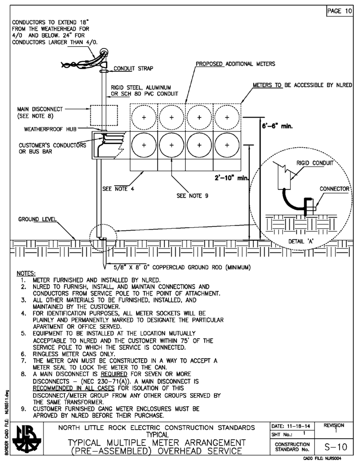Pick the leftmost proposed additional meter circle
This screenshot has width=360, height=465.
(143, 117)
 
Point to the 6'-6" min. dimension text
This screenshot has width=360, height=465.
(278, 128)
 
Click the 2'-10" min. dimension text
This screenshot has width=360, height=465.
(230, 178)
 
